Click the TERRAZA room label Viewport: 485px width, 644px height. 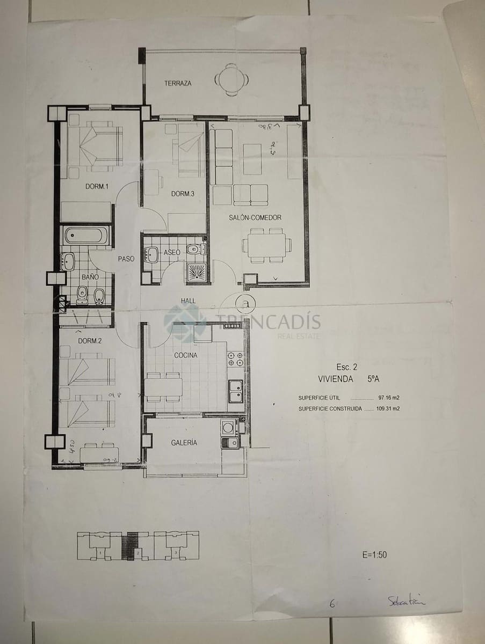(178, 83)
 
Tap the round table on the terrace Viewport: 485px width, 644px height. (231, 79)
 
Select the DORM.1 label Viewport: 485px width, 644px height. (97, 187)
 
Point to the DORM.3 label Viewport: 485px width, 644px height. (183, 194)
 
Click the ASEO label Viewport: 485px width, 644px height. (172, 252)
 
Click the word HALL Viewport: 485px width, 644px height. (188, 301)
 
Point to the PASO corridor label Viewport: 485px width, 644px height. (126, 259)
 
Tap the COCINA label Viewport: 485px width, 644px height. (185, 355)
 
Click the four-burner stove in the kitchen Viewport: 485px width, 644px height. (235, 359)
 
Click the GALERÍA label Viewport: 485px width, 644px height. (184, 443)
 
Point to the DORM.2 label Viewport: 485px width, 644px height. (90, 341)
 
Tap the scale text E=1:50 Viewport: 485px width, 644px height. (374, 555)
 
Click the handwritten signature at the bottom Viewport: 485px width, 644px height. (406, 601)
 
